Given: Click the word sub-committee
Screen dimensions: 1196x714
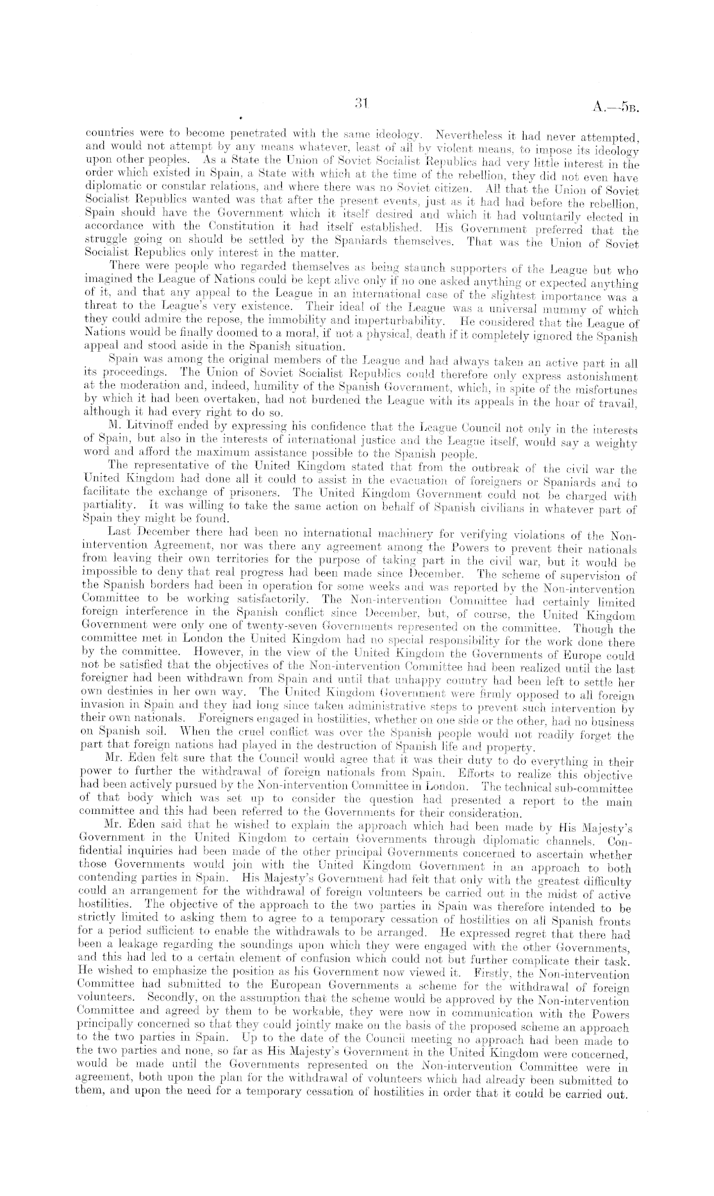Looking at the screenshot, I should coord(598,788).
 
